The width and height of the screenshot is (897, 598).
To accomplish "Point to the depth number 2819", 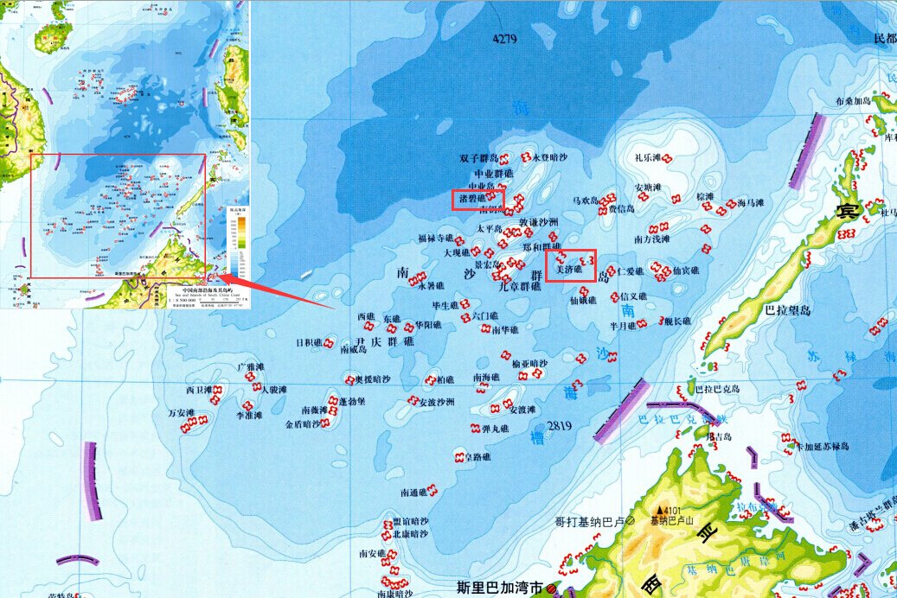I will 561,426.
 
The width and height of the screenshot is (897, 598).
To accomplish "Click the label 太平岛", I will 490,229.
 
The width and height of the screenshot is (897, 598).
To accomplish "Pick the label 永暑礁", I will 430,286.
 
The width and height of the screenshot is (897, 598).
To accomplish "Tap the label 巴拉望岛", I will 787,309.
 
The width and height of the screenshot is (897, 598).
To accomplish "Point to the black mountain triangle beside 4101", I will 660,510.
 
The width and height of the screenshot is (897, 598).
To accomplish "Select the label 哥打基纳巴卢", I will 590,522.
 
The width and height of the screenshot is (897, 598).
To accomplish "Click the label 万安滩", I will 182,413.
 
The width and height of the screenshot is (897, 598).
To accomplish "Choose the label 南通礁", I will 413,493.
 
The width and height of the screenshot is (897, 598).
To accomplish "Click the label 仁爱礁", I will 630,271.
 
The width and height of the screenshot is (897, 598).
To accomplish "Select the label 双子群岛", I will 479,158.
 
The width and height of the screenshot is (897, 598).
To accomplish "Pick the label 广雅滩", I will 252,368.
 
